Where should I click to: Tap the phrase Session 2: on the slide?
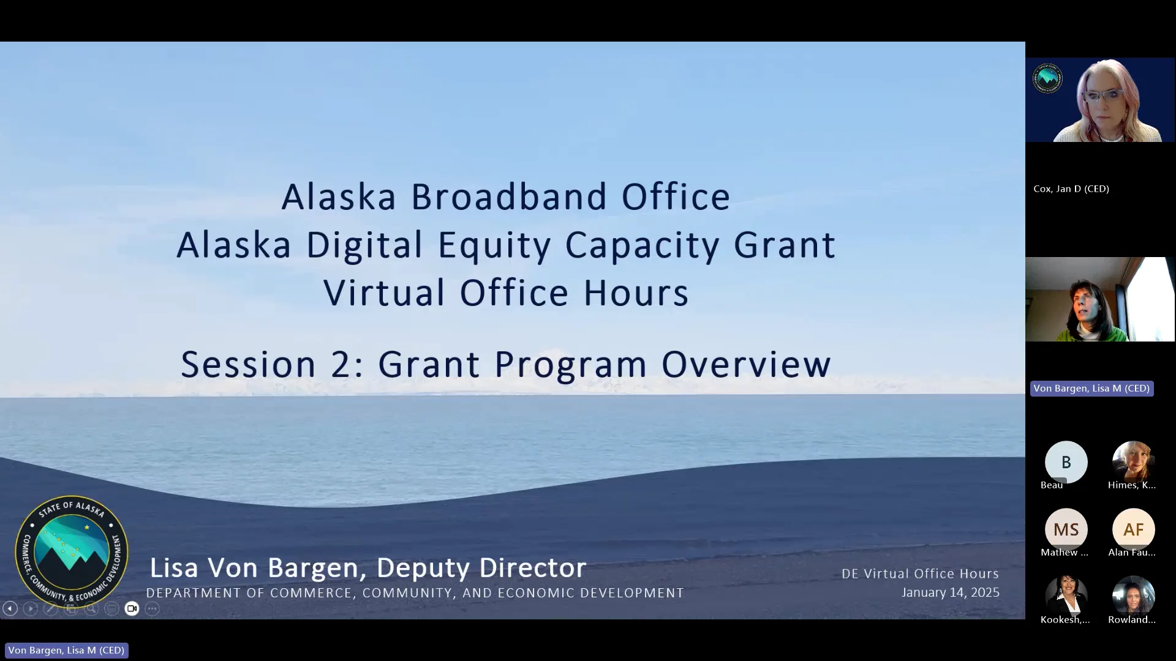(272, 364)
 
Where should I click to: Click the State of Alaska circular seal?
(72, 551)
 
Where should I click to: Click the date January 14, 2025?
(950, 592)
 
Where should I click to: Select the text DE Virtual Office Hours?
(920, 573)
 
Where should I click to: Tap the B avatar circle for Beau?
(1066, 462)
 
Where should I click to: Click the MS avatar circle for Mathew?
(1066, 529)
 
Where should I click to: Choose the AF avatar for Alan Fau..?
(1133, 529)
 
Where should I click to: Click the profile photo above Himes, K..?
(1133, 460)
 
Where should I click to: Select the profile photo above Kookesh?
(1066, 595)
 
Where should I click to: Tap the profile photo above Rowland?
(1133, 595)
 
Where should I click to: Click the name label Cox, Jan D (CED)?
(1071, 189)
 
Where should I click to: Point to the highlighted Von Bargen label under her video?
(1091, 389)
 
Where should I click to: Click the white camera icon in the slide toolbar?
(132, 608)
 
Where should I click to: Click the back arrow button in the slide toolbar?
(10, 608)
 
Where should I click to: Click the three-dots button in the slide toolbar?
(153, 608)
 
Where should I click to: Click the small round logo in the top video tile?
(1047, 78)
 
